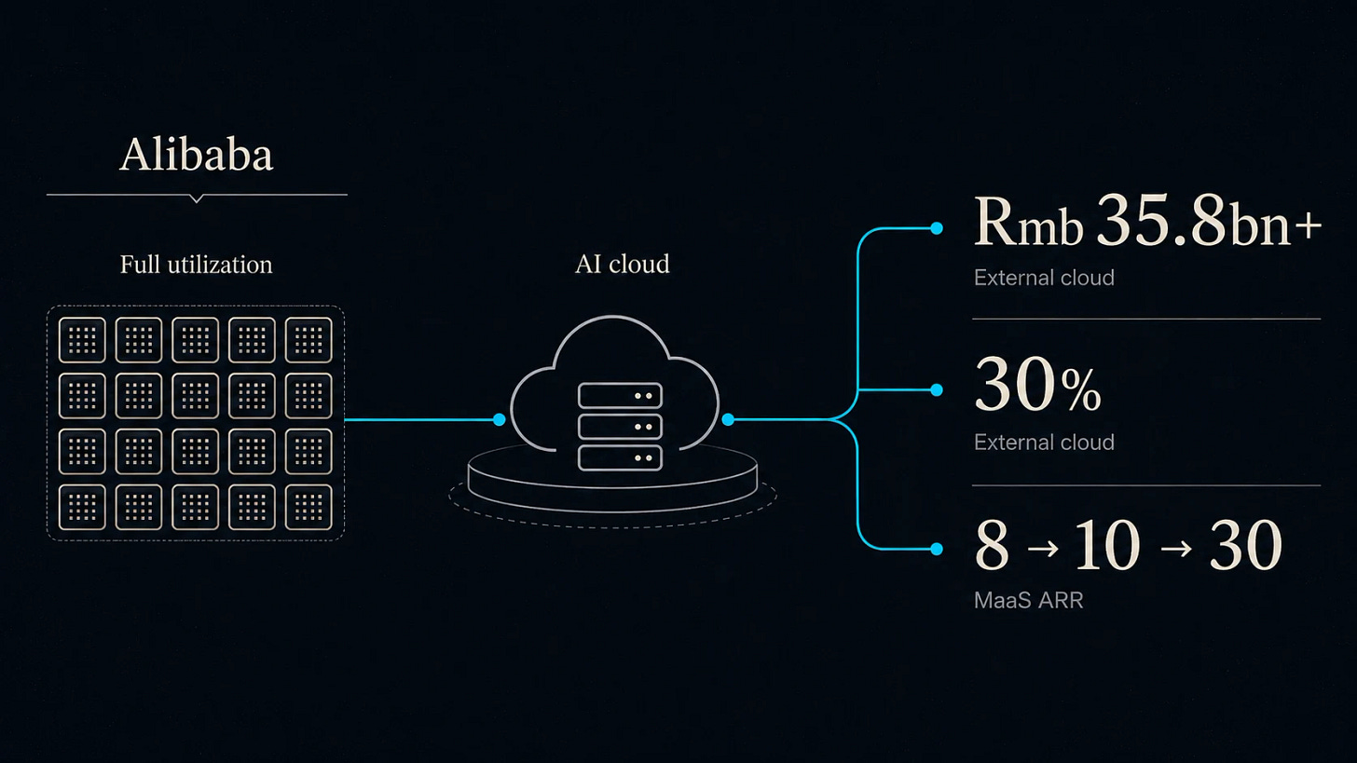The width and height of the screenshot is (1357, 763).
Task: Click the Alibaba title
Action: point(197,155)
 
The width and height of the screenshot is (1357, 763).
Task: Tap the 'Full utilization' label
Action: point(197,265)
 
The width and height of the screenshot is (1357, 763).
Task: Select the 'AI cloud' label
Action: point(623,264)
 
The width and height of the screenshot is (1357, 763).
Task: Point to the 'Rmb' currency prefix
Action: point(1028,223)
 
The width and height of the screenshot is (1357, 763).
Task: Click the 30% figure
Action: point(1037,385)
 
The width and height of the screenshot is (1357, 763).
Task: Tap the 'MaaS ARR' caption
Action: point(1028,600)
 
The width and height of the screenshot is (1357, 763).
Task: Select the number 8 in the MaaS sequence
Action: point(992,546)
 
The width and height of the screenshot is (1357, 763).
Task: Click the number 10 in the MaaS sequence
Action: point(1107,546)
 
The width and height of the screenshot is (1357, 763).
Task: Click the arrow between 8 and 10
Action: point(1043,549)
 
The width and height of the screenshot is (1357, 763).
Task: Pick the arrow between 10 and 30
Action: point(1176,549)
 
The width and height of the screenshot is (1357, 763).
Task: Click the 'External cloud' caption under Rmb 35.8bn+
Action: point(1044,278)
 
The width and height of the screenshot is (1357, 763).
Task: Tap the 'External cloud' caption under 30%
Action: point(1044,442)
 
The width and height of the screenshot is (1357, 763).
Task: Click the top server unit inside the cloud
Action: point(620,395)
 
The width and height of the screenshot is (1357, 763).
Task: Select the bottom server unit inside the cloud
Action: point(620,457)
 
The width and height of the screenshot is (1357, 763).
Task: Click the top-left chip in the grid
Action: point(82,340)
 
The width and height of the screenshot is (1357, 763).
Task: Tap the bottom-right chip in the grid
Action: point(308,508)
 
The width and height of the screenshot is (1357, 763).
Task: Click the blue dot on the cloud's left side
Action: point(500,419)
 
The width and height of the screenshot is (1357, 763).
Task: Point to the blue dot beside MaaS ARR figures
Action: point(937,550)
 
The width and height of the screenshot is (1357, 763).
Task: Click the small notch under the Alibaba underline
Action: point(197,198)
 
